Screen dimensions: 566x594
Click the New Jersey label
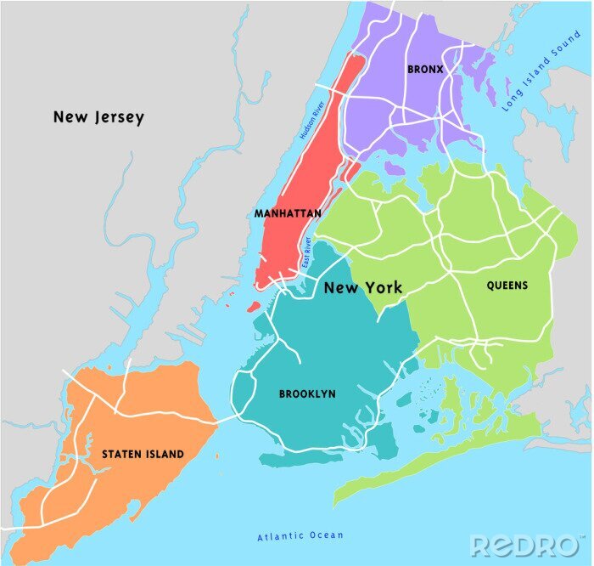click(98, 117)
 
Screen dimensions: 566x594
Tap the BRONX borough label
click(425, 69)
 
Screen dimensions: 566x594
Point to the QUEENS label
click(507, 286)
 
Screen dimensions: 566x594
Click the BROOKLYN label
click(307, 394)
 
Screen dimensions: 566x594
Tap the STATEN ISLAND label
click(143, 455)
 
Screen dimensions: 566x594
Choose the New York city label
click(363, 288)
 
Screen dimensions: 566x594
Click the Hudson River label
click(312, 121)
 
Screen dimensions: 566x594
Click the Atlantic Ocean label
click(300, 535)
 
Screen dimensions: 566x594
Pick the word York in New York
click(383, 288)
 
